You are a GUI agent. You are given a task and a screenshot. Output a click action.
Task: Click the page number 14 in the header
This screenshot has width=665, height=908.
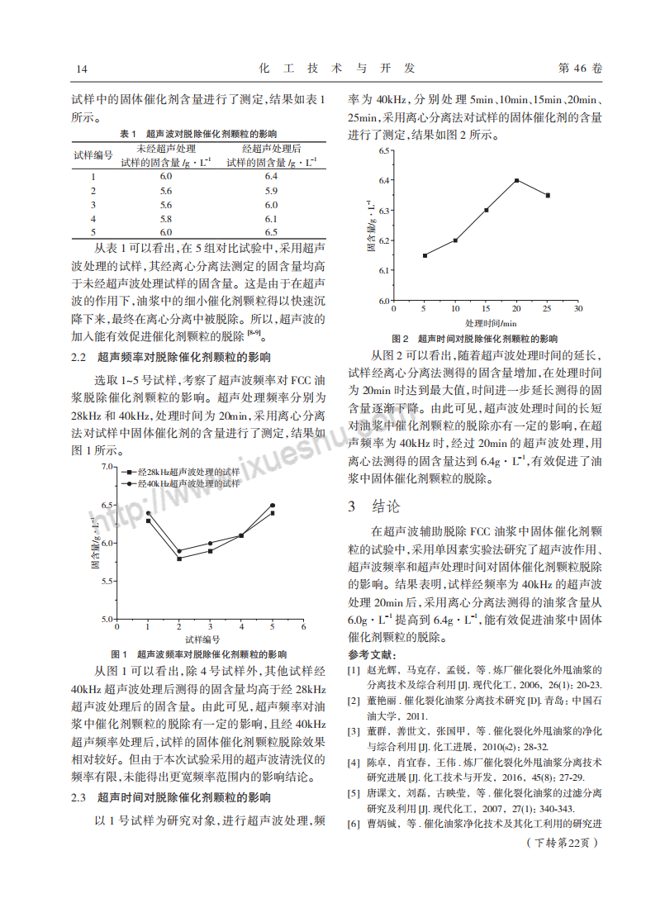[81, 69]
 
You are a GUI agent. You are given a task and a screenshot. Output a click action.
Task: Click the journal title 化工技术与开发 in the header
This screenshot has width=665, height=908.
[337, 68]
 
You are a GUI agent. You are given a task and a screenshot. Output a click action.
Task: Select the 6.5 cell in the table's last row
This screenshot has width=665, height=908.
[271, 232]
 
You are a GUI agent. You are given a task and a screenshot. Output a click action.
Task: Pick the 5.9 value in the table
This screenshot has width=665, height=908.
[271, 191]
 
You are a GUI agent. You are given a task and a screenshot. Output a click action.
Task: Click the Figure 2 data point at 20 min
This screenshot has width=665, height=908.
[516, 180]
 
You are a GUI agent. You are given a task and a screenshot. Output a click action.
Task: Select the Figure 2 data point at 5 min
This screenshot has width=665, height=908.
[425, 255]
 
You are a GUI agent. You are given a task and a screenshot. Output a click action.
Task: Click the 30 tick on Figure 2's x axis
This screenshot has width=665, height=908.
[578, 308]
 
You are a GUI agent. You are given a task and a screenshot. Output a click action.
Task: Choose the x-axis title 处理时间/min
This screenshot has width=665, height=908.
[490, 322]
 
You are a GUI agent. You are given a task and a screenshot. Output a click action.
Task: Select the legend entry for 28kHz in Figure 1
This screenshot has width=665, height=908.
[183, 472]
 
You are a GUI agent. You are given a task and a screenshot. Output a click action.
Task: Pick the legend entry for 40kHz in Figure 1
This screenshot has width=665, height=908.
[183, 483]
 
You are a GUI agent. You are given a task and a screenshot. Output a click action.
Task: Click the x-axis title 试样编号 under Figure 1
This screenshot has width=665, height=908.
[202, 639]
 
